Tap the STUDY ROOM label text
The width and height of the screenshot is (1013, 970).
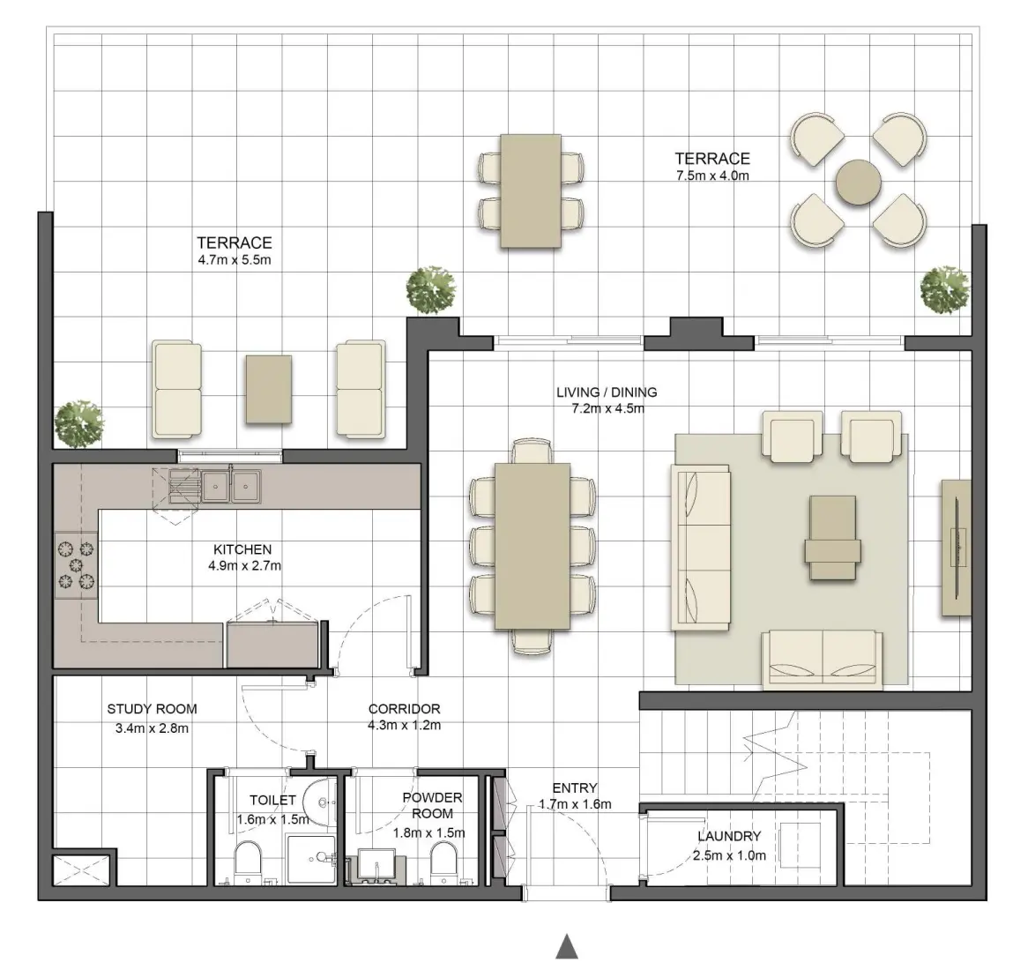[152, 708]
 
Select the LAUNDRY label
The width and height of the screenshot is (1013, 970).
[728, 836]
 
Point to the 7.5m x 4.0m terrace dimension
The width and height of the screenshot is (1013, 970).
[711, 175]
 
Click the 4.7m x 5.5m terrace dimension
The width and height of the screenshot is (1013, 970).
[234, 260]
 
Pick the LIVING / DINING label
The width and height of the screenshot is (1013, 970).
[607, 392]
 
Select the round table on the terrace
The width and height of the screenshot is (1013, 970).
[858, 183]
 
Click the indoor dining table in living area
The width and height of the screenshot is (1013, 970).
[532, 547]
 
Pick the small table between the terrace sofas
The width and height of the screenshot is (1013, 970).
[269, 389]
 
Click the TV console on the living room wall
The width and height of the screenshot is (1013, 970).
[956, 547]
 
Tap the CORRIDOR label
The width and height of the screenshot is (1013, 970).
[404, 708]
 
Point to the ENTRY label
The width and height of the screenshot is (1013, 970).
[575, 787]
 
